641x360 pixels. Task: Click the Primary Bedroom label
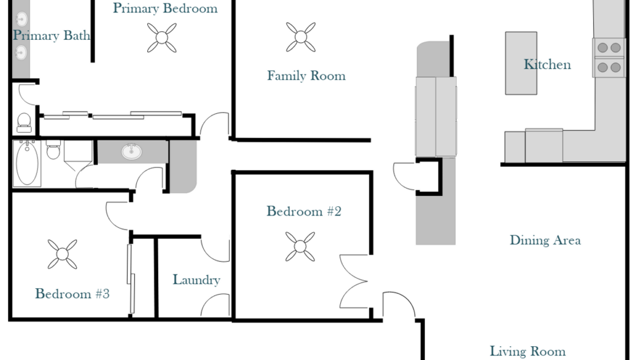[165, 9]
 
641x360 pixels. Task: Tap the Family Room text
[306, 76]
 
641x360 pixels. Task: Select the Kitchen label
[547, 64]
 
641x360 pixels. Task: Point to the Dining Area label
[545, 240]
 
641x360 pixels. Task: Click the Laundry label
[196, 280]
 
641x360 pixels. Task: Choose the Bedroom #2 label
[304, 211]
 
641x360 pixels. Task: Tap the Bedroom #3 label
[72, 294]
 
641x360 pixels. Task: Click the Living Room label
[527, 351]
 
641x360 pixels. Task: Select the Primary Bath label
[51, 36]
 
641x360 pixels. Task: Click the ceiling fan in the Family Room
[301, 37]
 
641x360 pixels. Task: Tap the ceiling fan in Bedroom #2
[300, 247]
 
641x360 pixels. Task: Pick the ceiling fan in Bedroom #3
[62, 254]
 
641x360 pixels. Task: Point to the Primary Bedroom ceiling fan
[162, 38]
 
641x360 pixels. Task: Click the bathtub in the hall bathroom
[27, 163]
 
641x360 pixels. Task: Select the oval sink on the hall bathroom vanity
[132, 151]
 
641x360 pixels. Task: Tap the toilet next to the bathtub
[53, 150]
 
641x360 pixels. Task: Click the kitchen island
[521, 64]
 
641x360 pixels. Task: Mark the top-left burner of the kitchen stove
[602, 47]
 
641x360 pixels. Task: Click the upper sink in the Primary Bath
[21, 19]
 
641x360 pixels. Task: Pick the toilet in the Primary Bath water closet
[24, 123]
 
